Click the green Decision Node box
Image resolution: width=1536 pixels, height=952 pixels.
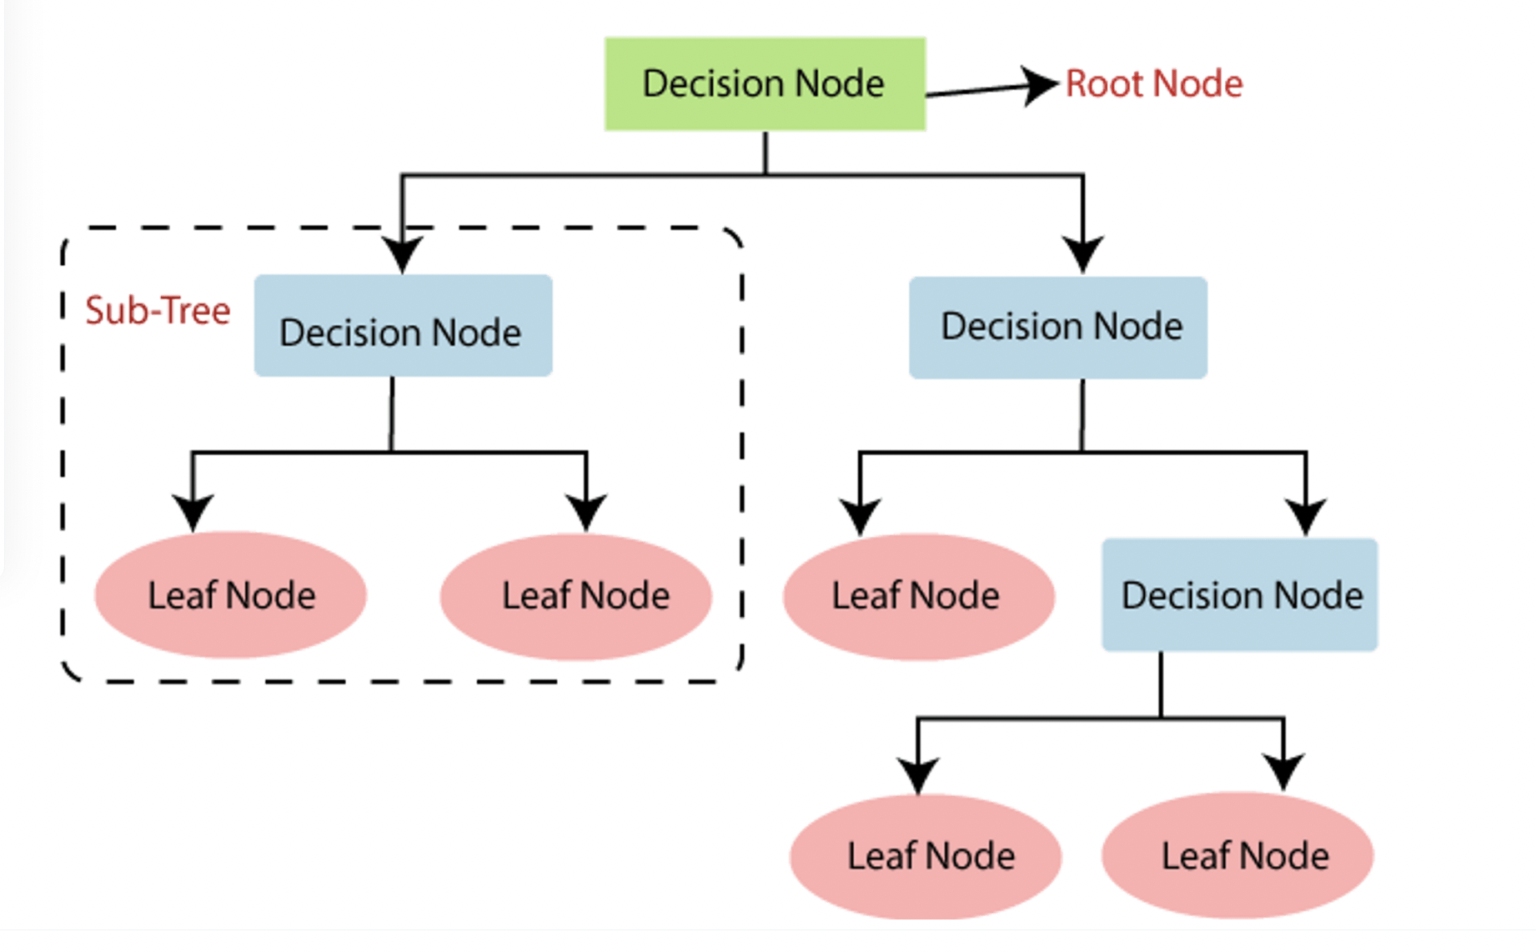tap(765, 84)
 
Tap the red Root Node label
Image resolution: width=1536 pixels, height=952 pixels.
tap(1154, 84)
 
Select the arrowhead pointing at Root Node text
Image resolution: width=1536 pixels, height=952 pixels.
tap(1040, 85)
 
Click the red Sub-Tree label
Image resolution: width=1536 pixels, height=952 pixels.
tap(158, 311)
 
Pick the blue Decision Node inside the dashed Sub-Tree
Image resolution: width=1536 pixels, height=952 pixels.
tap(402, 327)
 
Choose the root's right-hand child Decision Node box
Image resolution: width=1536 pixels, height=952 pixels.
tap(1058, 328)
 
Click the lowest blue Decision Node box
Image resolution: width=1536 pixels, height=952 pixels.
tap(1240, 596)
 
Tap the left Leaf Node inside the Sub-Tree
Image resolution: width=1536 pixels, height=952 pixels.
tap(231, 596)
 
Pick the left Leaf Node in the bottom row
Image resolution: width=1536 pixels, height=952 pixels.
tap(926, 857)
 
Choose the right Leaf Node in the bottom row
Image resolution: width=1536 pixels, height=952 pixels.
tap(1238, 856)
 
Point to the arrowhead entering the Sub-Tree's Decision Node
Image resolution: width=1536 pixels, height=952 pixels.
tap(402, 255)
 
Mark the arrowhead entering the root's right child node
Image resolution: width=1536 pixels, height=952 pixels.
tap(1083, 255)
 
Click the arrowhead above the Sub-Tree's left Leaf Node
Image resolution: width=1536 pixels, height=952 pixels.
tap(193, 513)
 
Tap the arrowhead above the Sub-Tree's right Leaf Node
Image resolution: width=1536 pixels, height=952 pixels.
tap(586, 513)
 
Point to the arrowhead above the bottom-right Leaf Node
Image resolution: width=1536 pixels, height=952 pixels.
tap(1284, 772)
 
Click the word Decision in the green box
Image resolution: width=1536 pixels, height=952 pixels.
tap(705, 84)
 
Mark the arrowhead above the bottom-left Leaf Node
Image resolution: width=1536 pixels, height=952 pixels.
tap(918, 775)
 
